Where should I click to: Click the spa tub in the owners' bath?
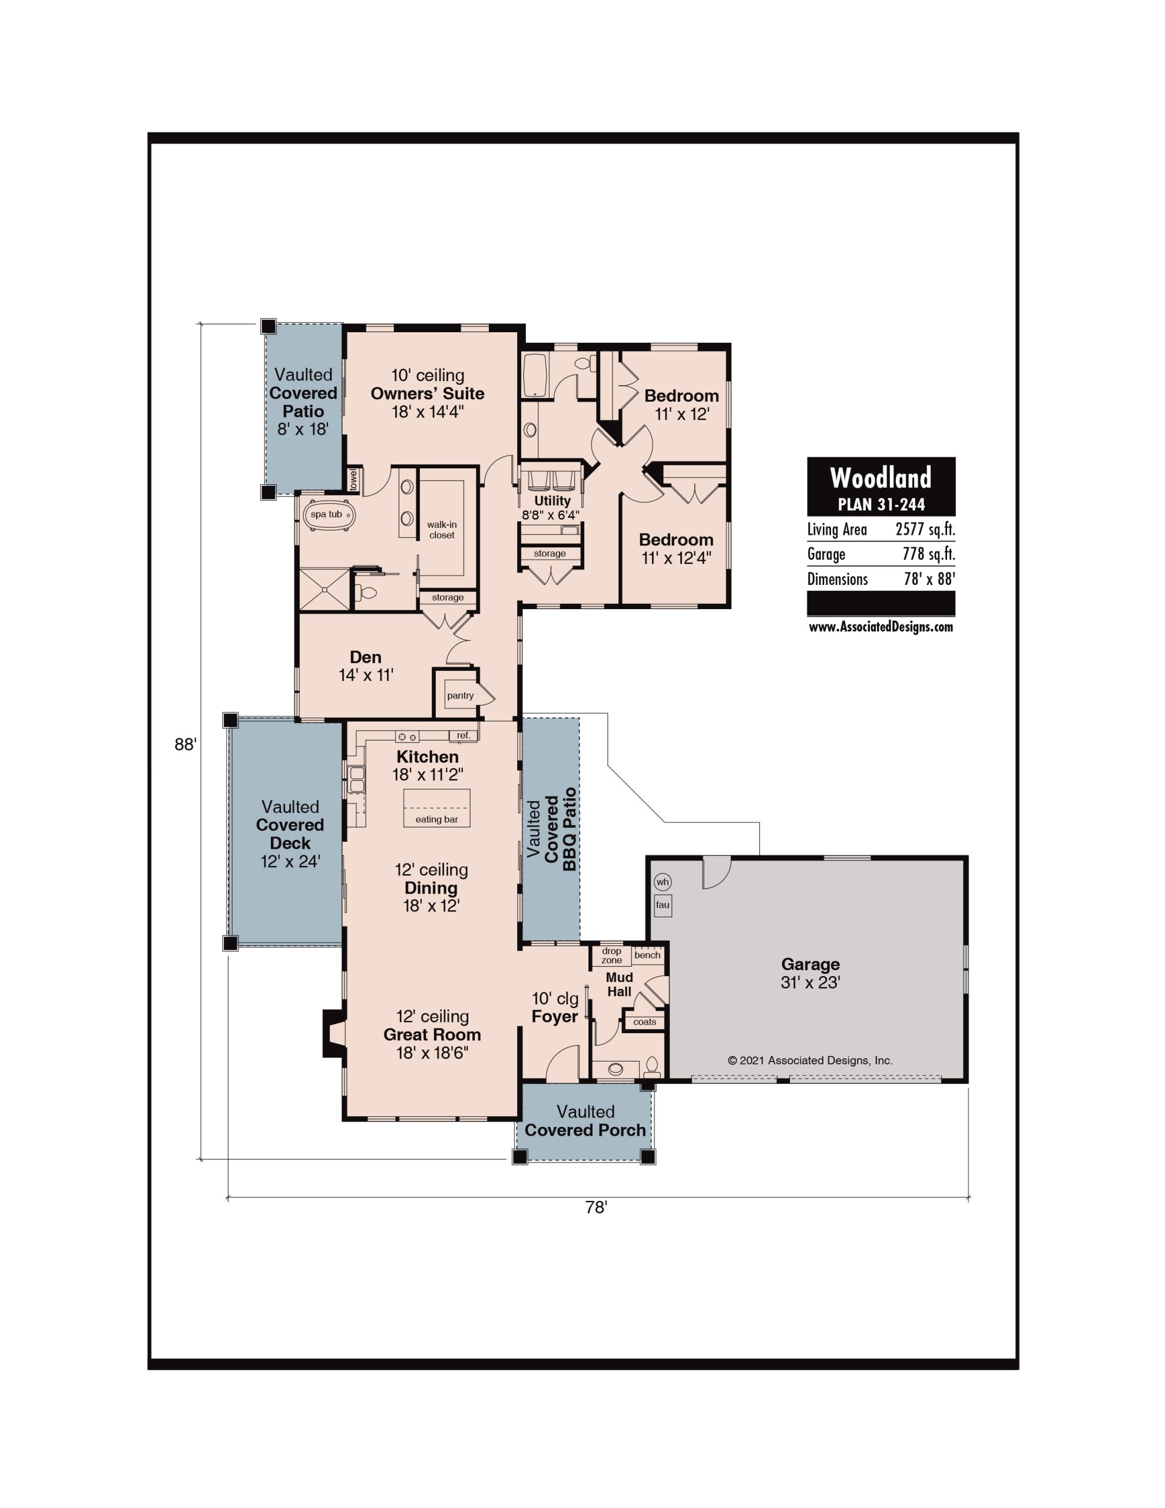[x=329, y=515]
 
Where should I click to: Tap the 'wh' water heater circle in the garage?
[x=662, y=882]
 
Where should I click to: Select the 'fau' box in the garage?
[x=662, y=905]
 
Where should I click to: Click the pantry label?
[x=460, y=695]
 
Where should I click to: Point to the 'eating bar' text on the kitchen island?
[x=436, y=819]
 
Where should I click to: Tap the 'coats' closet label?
[x=644, y=1022]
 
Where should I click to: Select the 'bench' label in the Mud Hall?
[x=647, y=955]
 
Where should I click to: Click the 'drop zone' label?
[x=611, y=955]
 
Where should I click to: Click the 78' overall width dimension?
[x=596, y=1207]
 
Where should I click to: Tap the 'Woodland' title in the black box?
[x=881, y=478]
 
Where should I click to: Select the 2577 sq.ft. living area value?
[x=925, y=530]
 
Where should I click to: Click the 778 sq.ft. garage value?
[x=928, y=554]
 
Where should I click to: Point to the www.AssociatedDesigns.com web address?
[x=881, y=627]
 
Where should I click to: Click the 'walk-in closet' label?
[x=441, y=530]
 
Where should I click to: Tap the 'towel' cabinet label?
[x=353, y=480]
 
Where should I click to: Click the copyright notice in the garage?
[x=810, y=1060]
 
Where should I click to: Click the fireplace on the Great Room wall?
[x=333, y=1034]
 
